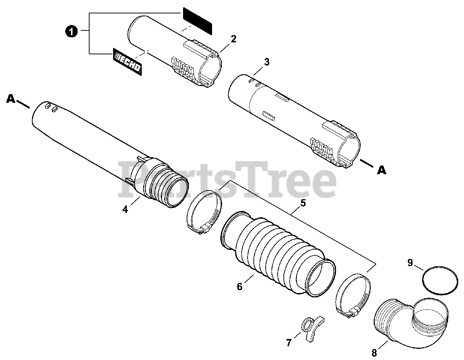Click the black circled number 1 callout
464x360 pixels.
click(71, 32)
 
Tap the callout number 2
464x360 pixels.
click(233, 39)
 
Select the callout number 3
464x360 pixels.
click(267, 62)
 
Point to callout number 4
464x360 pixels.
click(125, 209)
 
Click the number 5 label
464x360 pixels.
click(303, 203)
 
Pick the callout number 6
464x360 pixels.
click(240, 286)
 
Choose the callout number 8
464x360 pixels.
click(374, 353)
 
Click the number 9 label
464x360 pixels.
click(410, 263)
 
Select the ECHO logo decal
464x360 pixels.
click(127, 62)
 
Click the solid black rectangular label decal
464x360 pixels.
click(198, 21)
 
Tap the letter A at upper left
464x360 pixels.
click(11, 99)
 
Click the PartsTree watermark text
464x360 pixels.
click(227, 179)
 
